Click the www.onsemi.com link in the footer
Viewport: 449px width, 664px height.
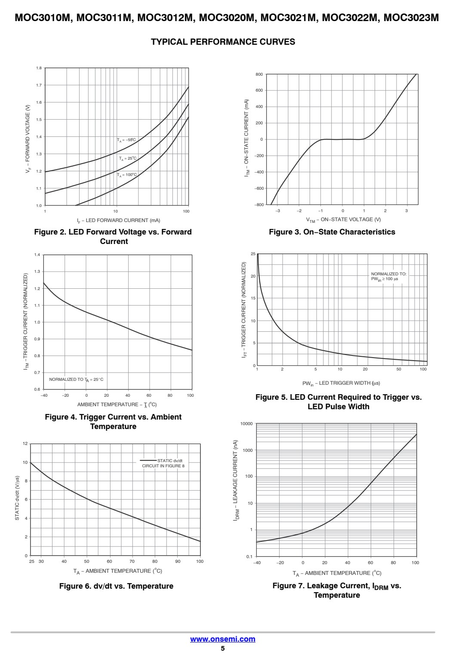(223, 639)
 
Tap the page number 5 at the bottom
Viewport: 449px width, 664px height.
(223, 648)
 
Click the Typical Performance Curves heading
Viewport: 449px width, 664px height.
(223, 42)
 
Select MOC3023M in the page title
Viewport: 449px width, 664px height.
(411, 18)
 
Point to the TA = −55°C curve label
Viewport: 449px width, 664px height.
(126, 140)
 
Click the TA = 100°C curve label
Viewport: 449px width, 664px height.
(127, 175)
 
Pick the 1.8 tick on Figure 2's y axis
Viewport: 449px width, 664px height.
(39, 68)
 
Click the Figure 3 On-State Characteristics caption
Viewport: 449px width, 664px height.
(332, 232)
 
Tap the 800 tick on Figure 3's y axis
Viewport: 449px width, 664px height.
(259, 74)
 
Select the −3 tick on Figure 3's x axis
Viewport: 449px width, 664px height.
(277, 211)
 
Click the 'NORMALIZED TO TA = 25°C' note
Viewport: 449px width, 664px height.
(76, 380)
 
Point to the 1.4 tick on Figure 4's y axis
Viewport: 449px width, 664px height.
(37, 255)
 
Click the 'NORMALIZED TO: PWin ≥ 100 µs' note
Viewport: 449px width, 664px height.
(389, 276)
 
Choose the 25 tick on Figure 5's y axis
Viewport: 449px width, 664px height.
(253, 254)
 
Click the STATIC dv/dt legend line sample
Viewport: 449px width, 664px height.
(148, 460)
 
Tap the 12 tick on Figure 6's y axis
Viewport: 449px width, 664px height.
(25, 444)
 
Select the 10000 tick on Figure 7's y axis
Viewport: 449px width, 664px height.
(246, 424)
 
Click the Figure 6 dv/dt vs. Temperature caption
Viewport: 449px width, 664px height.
(117, 586)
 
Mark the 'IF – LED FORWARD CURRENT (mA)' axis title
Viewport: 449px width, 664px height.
(118, 220)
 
